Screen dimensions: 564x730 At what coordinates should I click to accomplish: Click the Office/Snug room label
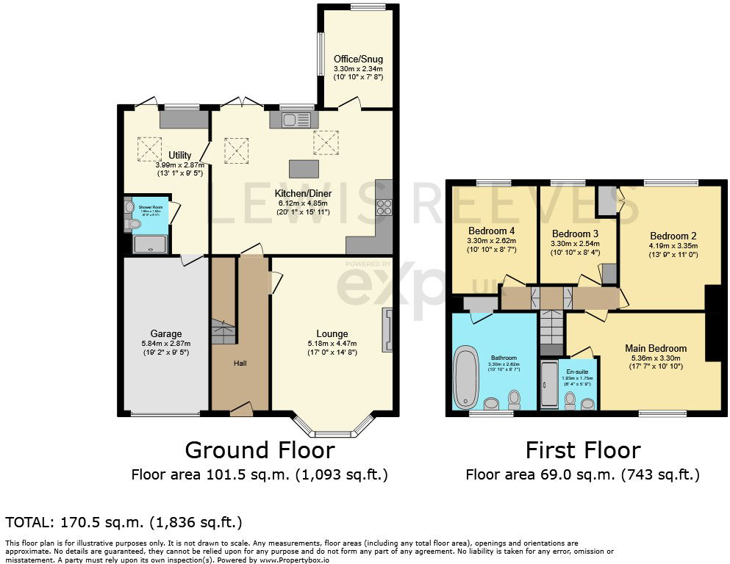[x=358, y=59]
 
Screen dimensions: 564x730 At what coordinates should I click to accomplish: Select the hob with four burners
[x=384, y=207]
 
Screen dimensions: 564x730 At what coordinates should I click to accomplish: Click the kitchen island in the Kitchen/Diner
[x=303, y=168]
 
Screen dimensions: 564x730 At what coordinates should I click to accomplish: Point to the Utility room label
[x=180, y=155]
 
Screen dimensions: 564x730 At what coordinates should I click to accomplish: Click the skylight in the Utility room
[x=150, y=149]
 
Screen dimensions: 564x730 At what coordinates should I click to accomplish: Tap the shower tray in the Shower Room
[x=151, y=244]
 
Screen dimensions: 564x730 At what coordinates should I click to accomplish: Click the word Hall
[x=240, y=363]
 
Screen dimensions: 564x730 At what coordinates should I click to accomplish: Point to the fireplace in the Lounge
[x=387, y=328]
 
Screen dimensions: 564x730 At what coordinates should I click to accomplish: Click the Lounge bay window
[x=332, y=428]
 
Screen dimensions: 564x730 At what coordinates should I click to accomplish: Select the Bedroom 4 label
[x=492, y=231]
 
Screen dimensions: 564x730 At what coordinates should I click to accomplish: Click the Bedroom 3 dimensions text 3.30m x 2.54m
[x=576, y=244]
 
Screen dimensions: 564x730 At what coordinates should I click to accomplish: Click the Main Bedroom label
[x=656, y=348]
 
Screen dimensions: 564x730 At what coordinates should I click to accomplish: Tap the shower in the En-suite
[x=549, y=385]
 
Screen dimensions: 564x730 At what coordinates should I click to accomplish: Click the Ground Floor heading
[x=260, y=449]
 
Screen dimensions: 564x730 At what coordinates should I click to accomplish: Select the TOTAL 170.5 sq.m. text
[x=124, y=522]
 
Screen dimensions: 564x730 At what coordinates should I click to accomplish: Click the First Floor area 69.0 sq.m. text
[x=582, y=474]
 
